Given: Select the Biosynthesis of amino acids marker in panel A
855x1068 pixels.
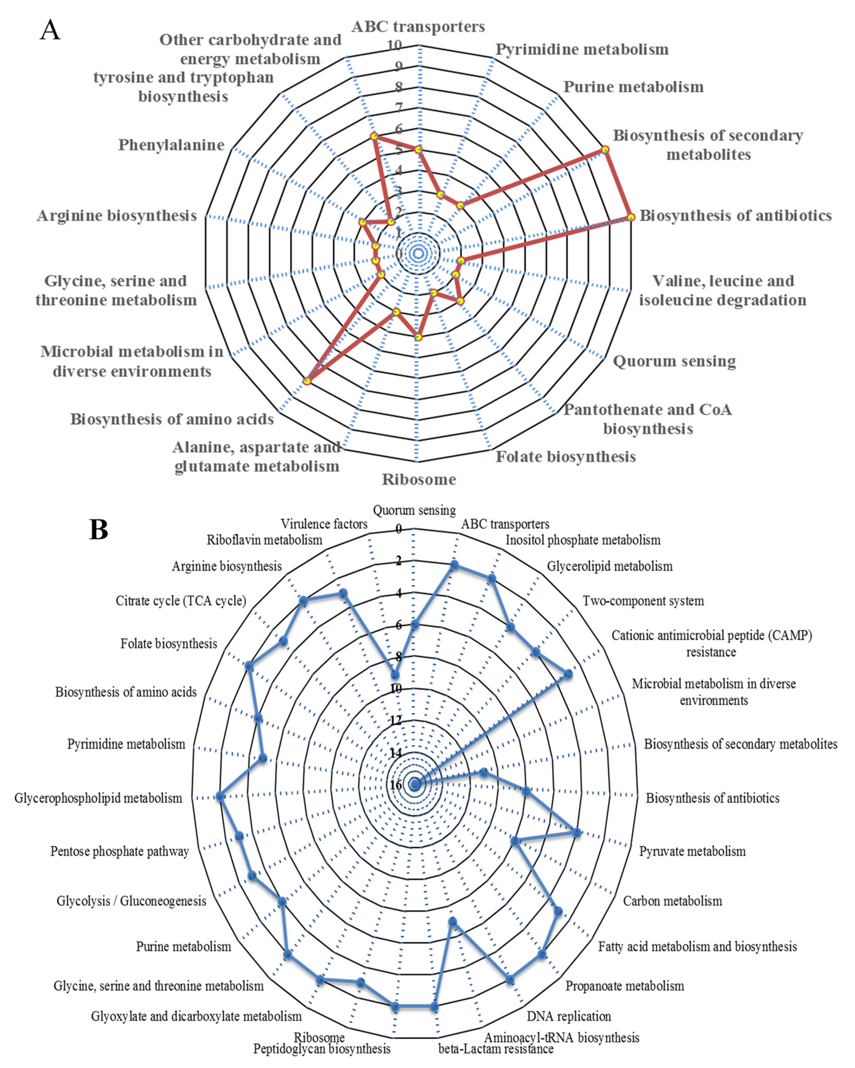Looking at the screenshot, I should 307,381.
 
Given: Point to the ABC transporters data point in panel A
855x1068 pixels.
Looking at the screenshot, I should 419,149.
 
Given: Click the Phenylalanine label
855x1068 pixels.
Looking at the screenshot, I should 171,145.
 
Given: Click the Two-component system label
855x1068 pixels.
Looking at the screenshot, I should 643,601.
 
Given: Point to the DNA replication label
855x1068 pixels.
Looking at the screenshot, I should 569,1017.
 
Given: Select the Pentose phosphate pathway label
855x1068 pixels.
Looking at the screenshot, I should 119,852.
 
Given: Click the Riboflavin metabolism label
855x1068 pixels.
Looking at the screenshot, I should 265,540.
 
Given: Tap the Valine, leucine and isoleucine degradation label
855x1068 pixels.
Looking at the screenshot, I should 722,290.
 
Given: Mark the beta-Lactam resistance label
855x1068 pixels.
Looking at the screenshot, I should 496,1049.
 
